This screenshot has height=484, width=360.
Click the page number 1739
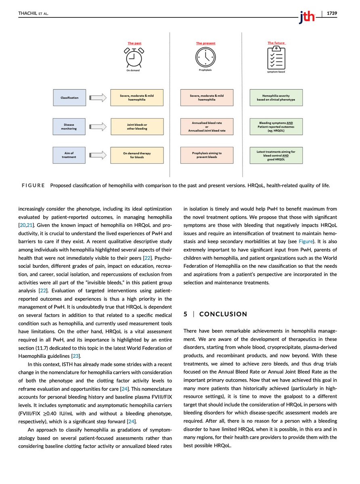(x=332, y=13)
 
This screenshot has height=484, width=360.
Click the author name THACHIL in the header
(x=27, y=13)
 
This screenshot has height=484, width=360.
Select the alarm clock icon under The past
(x=134, y=58)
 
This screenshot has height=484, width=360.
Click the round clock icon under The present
(x=206, y=58)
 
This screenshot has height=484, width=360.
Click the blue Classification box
(x=69, y=98)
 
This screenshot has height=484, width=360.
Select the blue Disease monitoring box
(x=69, y=127)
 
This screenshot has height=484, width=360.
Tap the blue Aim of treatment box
(x=69, y=155)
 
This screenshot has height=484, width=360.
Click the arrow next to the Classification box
(x=98, y=98)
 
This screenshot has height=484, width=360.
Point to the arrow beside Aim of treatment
(x=98, y=155)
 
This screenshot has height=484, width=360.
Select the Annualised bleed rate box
(x=207, y=127)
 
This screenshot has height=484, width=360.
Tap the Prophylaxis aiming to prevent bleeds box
(x=207, y=155)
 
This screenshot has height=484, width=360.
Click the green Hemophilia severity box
(x=276, y=98)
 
